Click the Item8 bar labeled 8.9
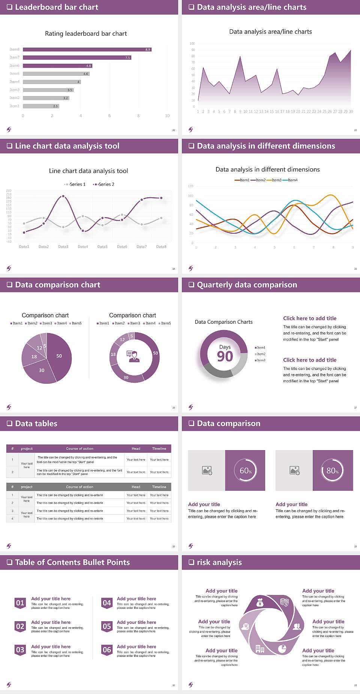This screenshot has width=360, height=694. point(87,50)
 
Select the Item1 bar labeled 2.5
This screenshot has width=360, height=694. point(41,106)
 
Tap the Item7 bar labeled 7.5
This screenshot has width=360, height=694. point(77,57)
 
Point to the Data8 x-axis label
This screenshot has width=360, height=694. point(161,246)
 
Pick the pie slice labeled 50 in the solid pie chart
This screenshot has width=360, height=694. point(60,356)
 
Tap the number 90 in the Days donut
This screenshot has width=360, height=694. point(225,356)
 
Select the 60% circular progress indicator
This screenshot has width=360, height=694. point(246,470)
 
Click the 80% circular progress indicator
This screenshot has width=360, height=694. point(333,470)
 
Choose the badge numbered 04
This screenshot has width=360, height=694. point(107,603)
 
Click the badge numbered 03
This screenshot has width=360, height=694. point(20,650)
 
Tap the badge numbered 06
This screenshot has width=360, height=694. point(107,650)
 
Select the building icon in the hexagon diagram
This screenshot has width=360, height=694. point(260,649)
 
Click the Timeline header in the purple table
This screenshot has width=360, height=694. point(159,449)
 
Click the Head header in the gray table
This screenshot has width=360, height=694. point(136,487)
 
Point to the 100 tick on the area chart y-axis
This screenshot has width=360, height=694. point(192,44)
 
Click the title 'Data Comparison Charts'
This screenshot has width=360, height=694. point(223,322)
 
